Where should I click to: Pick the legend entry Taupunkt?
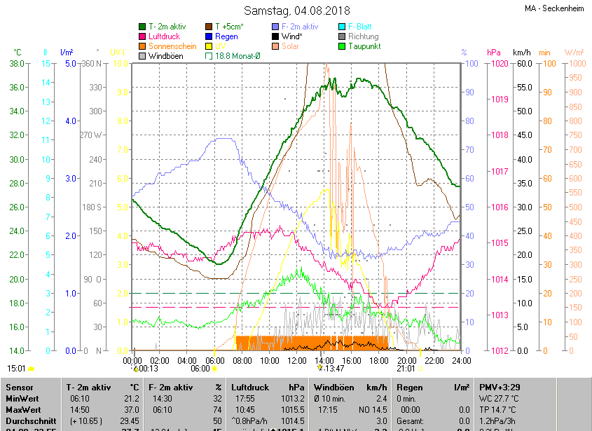click(364, 46)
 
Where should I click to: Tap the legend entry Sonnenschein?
click(172, 46)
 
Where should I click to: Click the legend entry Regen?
click(226, 36)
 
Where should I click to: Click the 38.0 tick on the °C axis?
click(15, 64)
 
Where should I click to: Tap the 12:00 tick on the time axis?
click(296, 360)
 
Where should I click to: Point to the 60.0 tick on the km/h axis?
click(522, 64)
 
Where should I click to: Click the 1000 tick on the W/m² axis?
click(574, 64)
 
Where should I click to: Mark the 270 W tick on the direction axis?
click(91, 135)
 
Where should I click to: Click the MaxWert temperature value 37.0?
click(130, 410)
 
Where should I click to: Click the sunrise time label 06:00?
click(200, 368)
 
